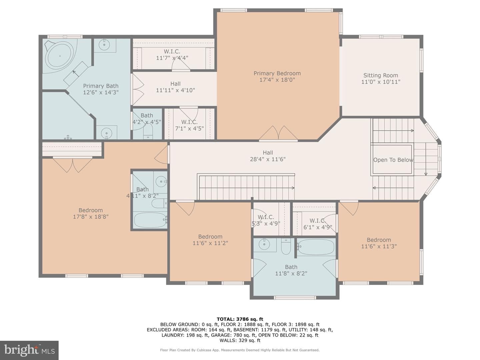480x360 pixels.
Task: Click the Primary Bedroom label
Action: coord(277,73)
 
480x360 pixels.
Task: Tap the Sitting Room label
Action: coord(381,75)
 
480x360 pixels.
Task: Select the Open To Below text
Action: coord(393,160)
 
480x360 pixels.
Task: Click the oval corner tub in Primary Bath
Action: coord(59,56)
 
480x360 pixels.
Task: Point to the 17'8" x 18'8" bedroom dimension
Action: coord(91,217)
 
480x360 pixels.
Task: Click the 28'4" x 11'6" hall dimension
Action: coord(268,159)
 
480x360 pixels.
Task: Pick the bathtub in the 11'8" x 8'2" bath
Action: coord(316,247)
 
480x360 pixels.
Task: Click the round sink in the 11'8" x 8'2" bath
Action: coord(264,244)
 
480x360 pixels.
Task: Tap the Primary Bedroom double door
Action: coord(278,133)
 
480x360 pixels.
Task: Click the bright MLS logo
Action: coord(29,350)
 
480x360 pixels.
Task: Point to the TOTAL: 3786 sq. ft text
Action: coord(240,319)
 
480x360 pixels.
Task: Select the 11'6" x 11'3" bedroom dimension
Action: coord(379,246)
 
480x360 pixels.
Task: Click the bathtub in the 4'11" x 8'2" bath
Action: coord(150,220)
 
